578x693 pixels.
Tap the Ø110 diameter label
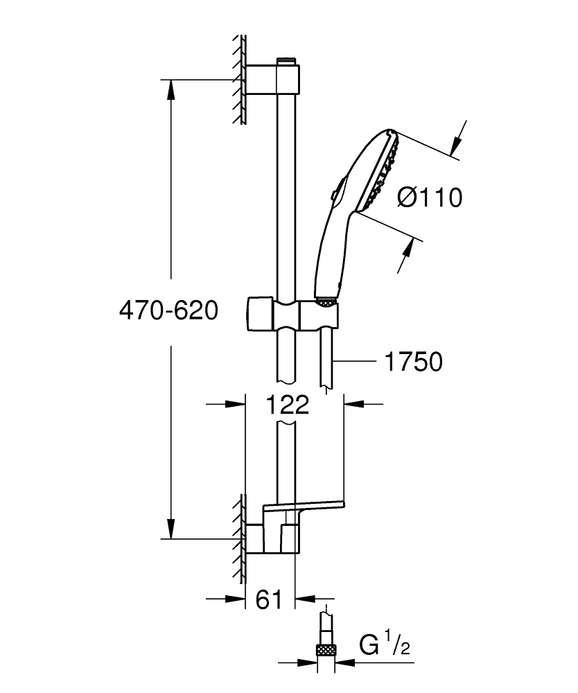pyautogui.click(x=429, y=198)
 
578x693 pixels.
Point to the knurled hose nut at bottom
pyautogui.click(x=326, y=650)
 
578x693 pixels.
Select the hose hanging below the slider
pyautogui.click(x=326, y=360)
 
